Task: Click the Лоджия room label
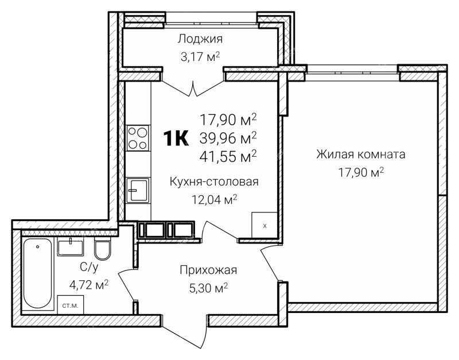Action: (x=200, y=39)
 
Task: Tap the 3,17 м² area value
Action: (x=200, y=56)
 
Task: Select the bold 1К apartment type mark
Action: (x=176, y=138)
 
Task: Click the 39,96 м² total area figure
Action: (x=228, y=138)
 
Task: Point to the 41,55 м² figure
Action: (x=228, y=156)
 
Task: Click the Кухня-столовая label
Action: (x=214, y=181)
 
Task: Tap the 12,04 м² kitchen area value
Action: (x=214, y=200)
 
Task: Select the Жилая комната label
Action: (x=361, y=154)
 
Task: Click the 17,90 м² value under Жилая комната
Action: (x=361, y=172)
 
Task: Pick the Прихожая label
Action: (x=208, y=270)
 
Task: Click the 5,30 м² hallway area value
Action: (x=208, y=289)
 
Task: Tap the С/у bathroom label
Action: (x=89, y=266)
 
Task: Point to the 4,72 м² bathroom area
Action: (x=89, y=284)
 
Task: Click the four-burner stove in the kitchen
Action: (x=138, y=138)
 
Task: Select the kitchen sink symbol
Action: (x=138, y=190)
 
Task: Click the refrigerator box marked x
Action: (x=264, y=224)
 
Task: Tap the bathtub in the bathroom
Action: (x=37, y=274)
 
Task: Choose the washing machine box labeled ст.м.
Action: (x=71, y=305)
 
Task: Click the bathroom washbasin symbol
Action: (x=71, y=247)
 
